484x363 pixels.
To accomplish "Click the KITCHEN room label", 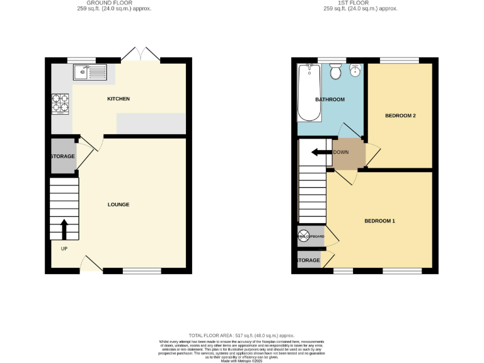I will coord(118,99).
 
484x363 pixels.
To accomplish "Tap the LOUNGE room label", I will coord(118,204).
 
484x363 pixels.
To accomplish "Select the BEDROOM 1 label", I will coord(380,221).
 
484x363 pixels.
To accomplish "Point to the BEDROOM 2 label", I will coord(400,115).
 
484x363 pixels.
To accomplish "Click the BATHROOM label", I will coord(330,100).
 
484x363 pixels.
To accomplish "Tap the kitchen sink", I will coord(91,72).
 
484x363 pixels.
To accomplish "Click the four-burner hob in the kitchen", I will coord(60,103).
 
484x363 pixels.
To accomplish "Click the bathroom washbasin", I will coord(355,70).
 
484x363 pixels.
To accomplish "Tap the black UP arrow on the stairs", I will coord(64,229).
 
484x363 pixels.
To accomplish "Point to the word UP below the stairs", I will coord(64,248).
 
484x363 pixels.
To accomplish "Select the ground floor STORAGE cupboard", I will coord(63,156).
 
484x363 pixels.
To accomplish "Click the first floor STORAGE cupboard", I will coord(308,260).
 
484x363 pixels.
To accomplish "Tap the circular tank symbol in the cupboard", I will coord(304,236).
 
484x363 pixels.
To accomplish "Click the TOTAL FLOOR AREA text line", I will coord(241,335).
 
